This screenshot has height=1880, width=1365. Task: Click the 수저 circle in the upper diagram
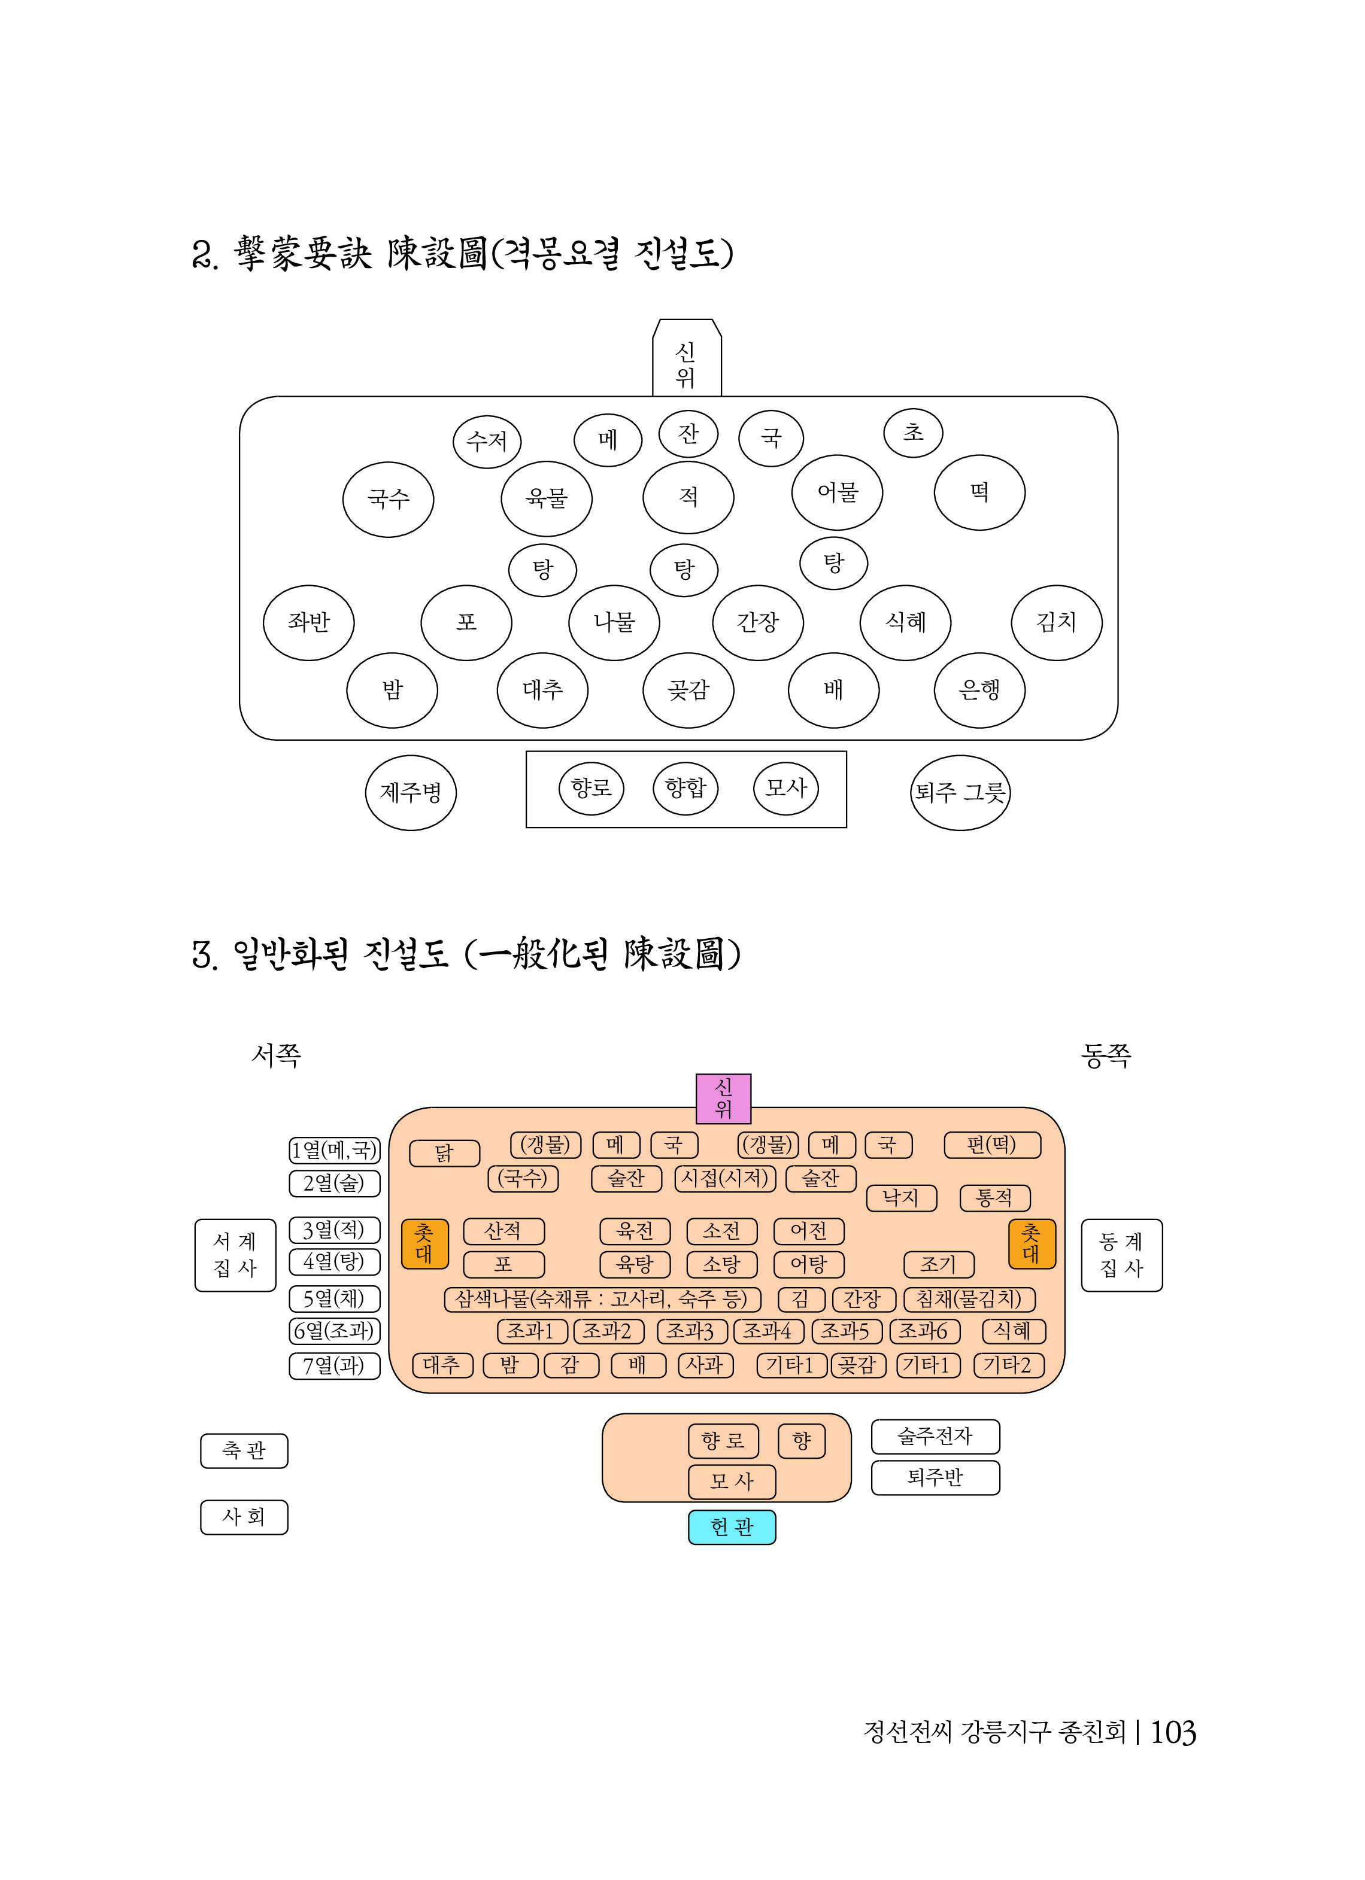coord(487,441)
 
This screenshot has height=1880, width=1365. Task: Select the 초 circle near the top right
coord(912,432)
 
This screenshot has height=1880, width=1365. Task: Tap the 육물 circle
coord(547,498)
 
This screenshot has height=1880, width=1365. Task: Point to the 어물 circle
coord(837,492)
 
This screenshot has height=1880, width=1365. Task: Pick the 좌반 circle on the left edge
coord(308,622)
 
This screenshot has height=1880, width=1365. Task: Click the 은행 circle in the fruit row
coord(979,690)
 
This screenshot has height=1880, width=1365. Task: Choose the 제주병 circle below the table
coord(411,792)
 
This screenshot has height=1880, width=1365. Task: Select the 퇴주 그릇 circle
coord(960,792)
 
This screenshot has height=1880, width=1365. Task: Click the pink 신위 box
coord(723,1099)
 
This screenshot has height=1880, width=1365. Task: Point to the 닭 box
coord(444,1153)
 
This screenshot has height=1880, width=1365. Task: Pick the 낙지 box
coord(902,1197)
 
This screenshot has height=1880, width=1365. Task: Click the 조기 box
coord(939,1264)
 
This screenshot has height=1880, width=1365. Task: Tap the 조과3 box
coord(691,1331)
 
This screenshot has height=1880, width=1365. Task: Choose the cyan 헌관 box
coord(732,1527)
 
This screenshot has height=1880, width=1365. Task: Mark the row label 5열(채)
coord(334,1298)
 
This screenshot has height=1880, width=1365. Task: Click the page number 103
coord(1173,1732)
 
